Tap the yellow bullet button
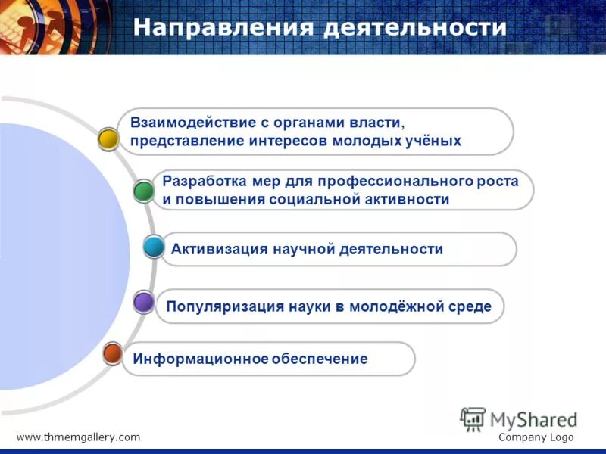coord(109,139)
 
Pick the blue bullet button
coord(154,247)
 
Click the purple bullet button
coord(144,303)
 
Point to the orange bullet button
coord(113,353)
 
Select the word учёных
coord(430,141)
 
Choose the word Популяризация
coord(225,306)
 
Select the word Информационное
coord(193,359)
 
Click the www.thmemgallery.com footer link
coord(78,437)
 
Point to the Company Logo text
coord(536,437)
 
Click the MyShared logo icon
coord(473,418)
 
